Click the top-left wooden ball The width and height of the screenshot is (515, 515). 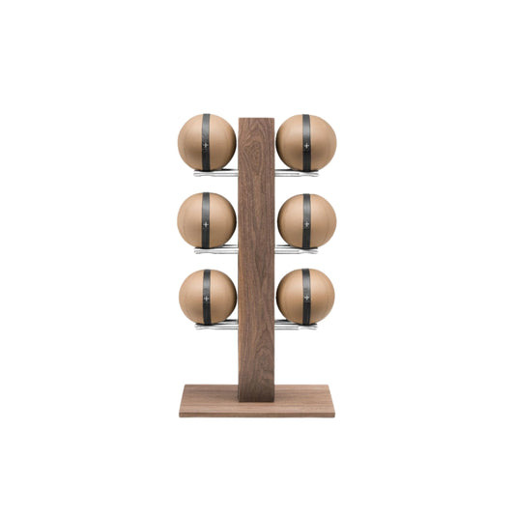[x=193, y=142]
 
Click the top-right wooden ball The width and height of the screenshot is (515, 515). [x=320, y=142]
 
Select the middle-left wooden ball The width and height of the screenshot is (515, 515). [x=193, y=220]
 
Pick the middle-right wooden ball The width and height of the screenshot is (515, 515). [x=320, y=220]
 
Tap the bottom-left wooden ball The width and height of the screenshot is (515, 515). [x=193, y=296]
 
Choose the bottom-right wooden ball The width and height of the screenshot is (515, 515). [x=320, y=296]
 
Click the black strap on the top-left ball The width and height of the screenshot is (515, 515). [x=206, y=142]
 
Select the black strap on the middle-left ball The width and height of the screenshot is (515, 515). [x=206, y=220]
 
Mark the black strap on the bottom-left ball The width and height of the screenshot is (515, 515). [x=206, y=296]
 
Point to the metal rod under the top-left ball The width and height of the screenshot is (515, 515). [x=215, y=174]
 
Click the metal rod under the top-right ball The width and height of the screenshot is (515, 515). [x=298, y=174]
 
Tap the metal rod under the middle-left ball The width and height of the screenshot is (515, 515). [x=215, y=250]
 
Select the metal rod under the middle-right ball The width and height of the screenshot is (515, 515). [x=298, y=250]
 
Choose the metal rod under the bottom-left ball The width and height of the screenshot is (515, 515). [x=215, y=326]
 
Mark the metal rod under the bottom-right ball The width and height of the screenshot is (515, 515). [x=298, y=326]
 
